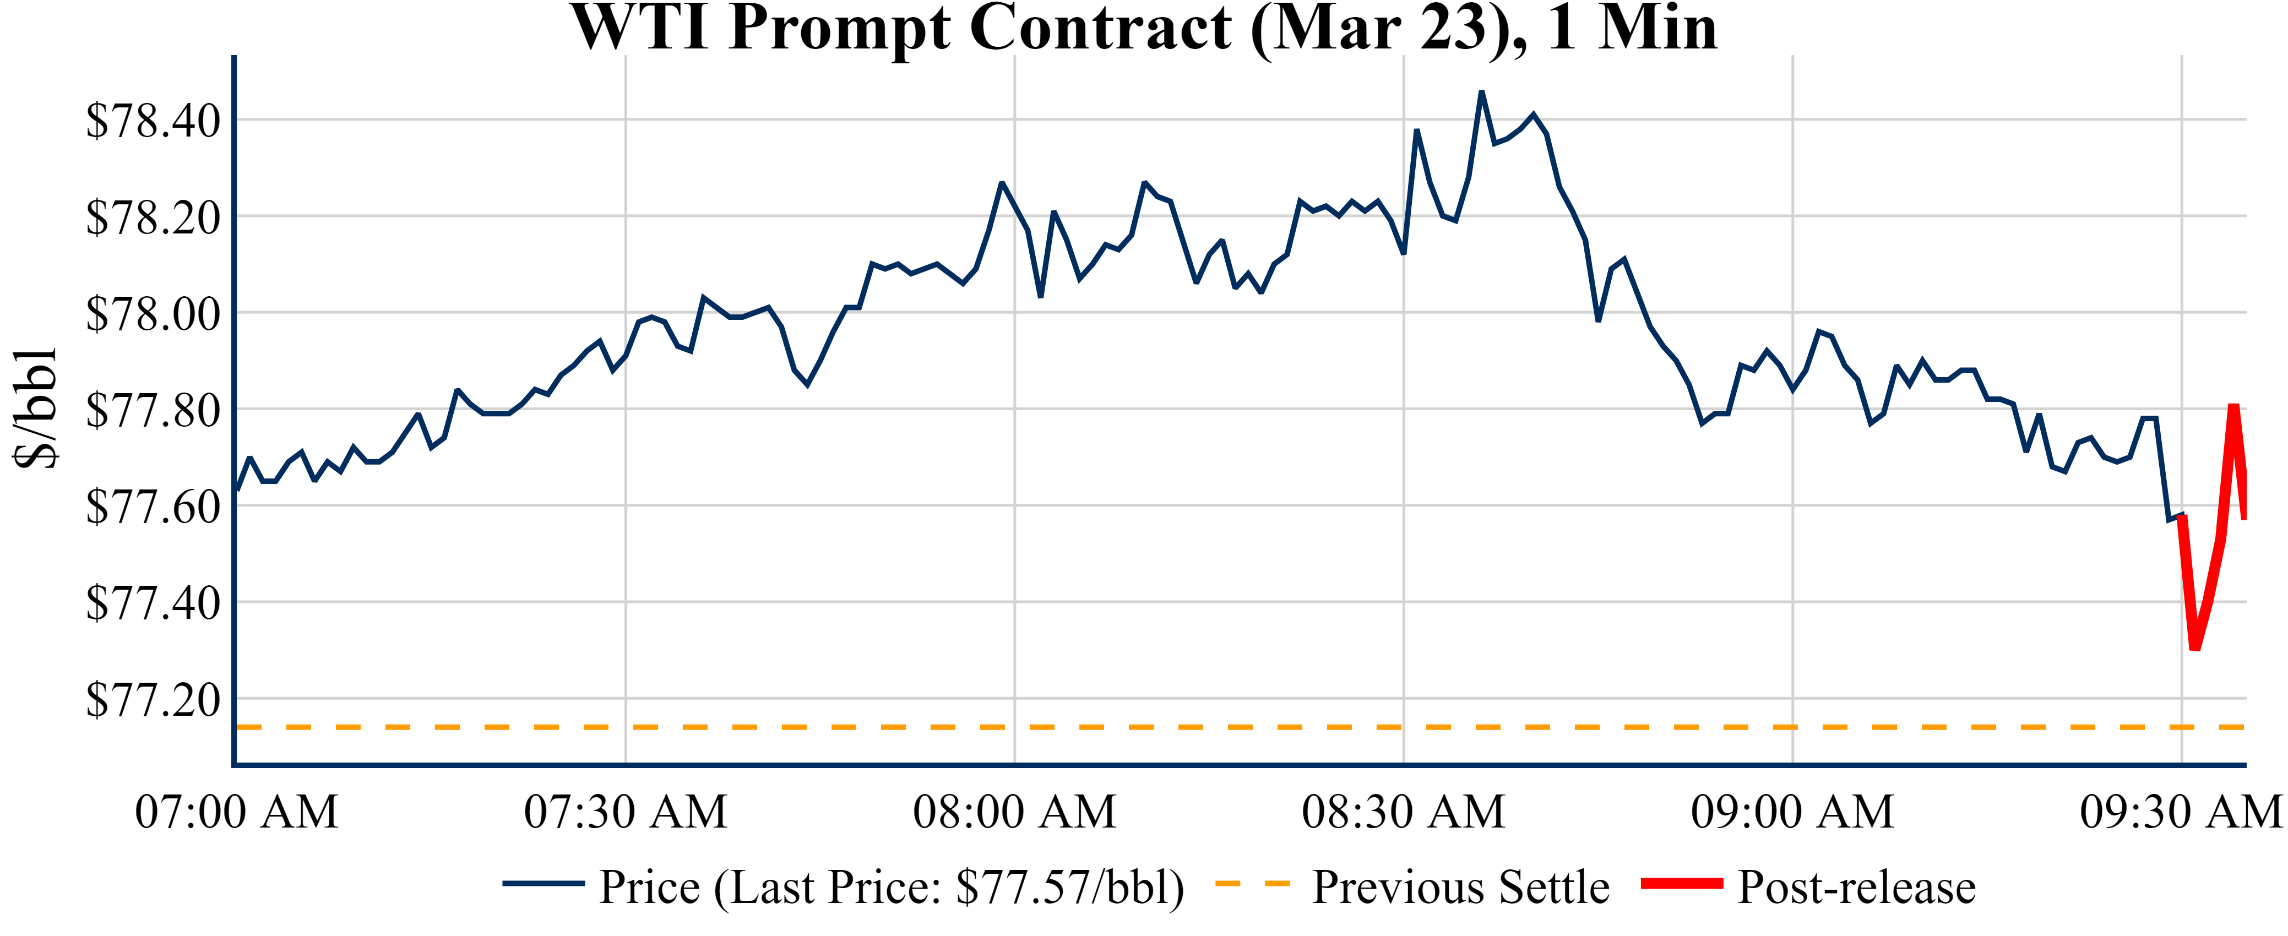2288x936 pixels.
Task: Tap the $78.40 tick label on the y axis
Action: pyautogui.click(x=153, y=121)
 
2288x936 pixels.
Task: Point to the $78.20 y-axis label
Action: pyautogui.click(x=153, y=217)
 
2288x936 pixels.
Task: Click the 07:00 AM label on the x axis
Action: pyautogui.click(x=236, y=812)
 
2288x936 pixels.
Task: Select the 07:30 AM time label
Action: pyautogui.click(x=626, y=812)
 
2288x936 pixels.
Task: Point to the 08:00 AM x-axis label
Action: pyautogui.click(x=1014, y=812)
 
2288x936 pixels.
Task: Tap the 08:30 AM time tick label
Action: pyautogui.click(x=1403, y=812)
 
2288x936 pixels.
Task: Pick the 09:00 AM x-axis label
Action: pyautogui.click(x=1792, y=812)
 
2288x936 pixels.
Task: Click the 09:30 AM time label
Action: pyautogui.click(x=2181, y=812)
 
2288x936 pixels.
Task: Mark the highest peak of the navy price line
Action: pyautogui.click(x=1481, y=91)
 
